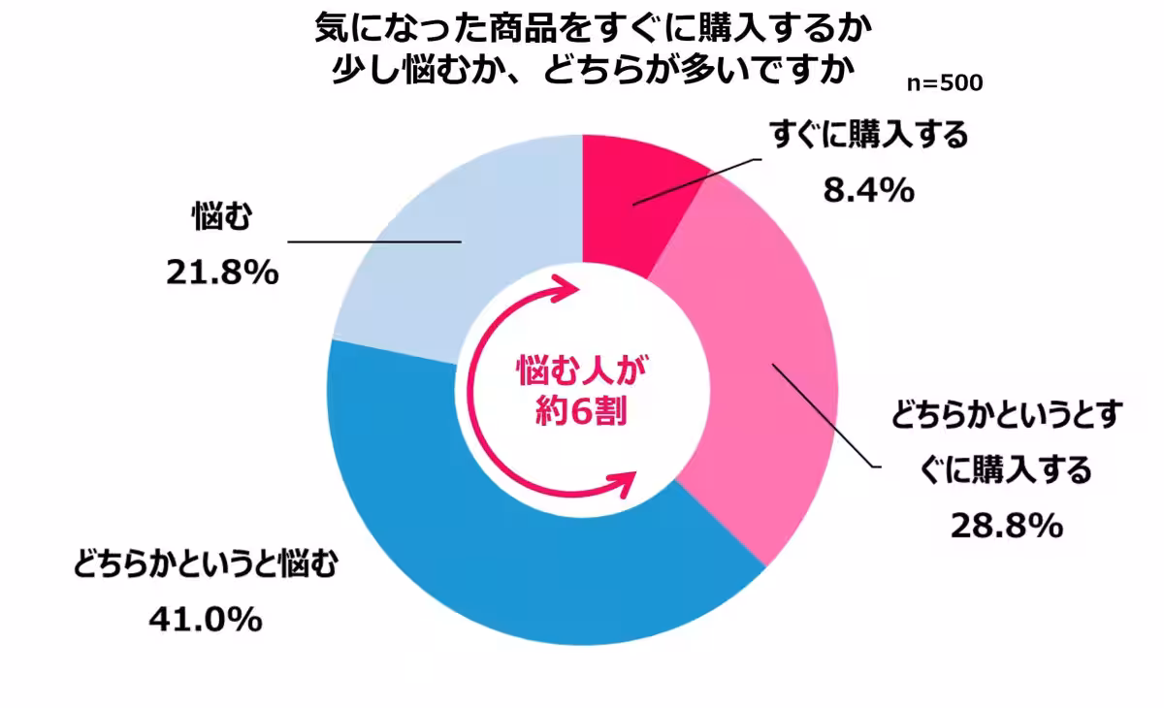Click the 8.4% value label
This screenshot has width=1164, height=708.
pos(868,191)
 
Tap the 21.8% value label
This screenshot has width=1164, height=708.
pos(222,274)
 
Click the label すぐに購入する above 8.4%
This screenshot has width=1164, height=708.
pos(869,136)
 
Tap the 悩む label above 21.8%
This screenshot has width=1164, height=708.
pos(221,219)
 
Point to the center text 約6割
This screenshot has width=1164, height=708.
pos(582,413)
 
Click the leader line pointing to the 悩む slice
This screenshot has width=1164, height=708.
pos(373,241)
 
